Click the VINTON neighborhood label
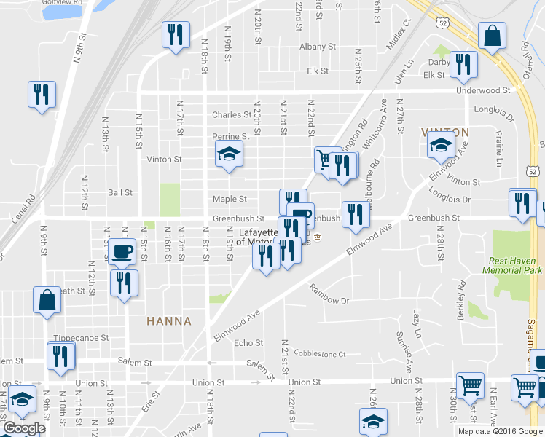point(445,132)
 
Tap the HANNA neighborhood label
point(168,320)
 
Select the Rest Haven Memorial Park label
point(512,264)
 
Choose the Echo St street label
point(248,343)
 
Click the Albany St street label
point(317,47)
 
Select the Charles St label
point(231,114)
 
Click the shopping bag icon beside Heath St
point(47,301)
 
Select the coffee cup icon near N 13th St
point(122,253)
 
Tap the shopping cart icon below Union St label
point(470,386)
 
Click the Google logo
point(24,428)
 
